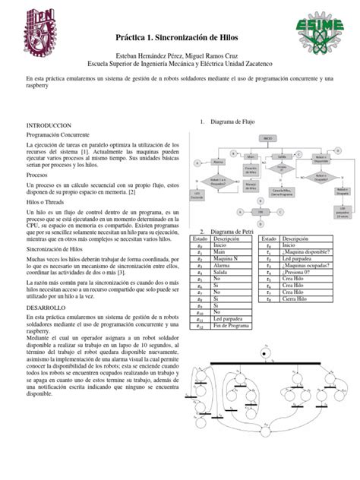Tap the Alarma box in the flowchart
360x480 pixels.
(x=219, y=161)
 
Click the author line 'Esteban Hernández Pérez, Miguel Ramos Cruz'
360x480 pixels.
(x=179, y=58)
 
